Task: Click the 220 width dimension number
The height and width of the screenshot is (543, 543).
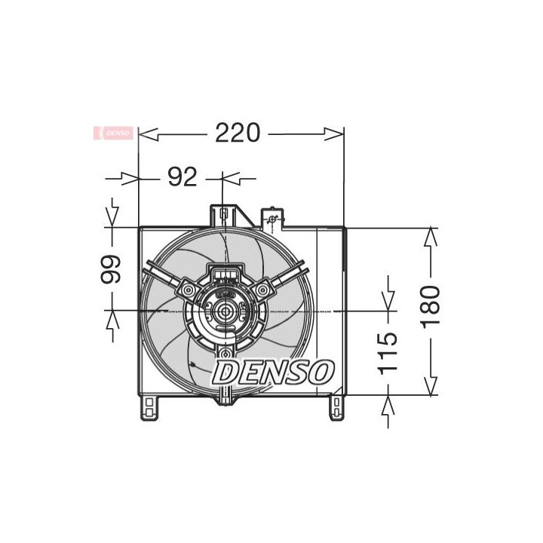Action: tap(238, 133)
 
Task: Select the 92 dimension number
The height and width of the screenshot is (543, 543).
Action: tap(183, 177)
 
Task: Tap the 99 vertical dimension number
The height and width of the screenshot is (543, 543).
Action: tap(111, 269)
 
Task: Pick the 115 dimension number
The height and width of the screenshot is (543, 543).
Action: tap(388, 354)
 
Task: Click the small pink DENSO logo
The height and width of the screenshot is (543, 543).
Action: tap(113, 133)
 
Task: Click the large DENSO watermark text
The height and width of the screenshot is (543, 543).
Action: tap(273, 373)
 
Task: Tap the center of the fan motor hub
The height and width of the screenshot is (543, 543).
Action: tap(225, 311)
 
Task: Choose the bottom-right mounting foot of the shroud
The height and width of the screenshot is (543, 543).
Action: tap(336, 407)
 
